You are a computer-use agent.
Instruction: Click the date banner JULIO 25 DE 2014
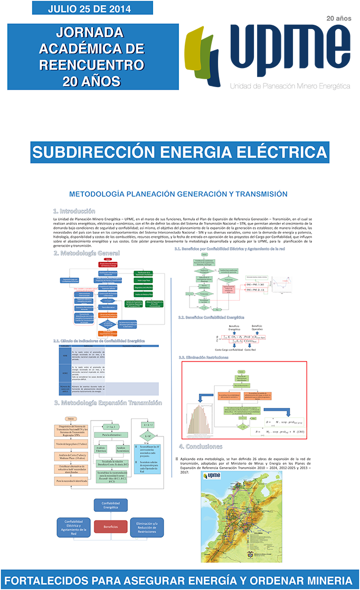tap(92, 8)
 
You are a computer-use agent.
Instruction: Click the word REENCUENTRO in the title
tap(91, 65)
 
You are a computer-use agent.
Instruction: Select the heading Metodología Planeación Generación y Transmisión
tap(178, 194)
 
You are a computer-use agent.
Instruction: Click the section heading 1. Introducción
tap(74, 211)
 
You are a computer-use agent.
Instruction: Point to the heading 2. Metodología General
tap(87, 253)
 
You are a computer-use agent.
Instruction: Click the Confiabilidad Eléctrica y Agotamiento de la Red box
tap(74, 527)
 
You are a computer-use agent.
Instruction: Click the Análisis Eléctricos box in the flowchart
tap(100, 449)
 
